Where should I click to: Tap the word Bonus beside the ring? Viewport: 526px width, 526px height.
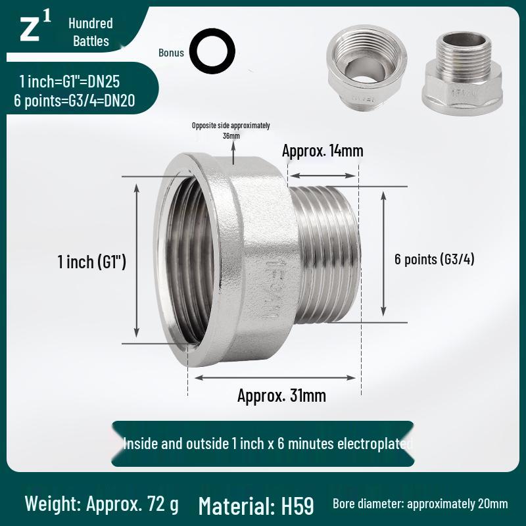click(x=171, y=53)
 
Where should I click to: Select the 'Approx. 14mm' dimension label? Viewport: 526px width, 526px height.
click(x=322, y=151)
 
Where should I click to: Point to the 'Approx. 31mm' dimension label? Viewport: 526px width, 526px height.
click(x=281, y=396)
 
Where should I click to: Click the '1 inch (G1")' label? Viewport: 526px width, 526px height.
click(x=92, y=262)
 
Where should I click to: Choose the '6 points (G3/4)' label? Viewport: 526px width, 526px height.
click(x=434, y=259)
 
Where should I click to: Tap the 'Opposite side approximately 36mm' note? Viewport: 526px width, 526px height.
click(x=231, y=130)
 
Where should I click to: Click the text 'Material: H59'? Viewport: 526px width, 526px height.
click(x=256, y=506)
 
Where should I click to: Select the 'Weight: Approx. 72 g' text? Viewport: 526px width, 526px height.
click(x=101, y=504)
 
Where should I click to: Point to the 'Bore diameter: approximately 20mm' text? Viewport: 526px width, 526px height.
click(x=420, y=504)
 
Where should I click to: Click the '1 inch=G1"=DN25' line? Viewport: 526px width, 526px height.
click(x=69, y=82)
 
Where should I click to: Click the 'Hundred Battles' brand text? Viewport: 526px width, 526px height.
click(x=91, y=32)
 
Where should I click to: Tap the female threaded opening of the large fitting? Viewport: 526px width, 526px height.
click(x=187, y=260)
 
